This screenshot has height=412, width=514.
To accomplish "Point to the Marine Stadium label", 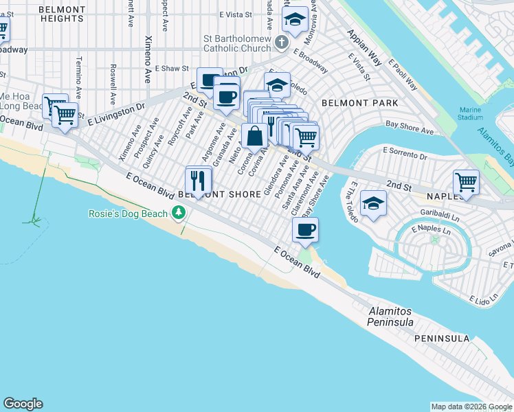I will [x=471, y=113].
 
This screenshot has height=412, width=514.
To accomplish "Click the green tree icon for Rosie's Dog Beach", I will [x=179, y=214].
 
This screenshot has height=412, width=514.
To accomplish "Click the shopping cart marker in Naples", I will [x=466, y=182].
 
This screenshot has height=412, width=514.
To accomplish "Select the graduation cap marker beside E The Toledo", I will [x=373, y=203].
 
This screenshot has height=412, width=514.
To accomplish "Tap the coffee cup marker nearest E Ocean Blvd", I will [x=306, y=230].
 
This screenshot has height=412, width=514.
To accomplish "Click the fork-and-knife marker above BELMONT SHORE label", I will [x=199, y=181].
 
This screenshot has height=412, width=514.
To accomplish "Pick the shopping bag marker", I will [x=254, y=135].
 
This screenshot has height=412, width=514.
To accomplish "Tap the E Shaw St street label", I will [x=172, y=69].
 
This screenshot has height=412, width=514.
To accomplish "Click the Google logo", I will [x=23, y=404].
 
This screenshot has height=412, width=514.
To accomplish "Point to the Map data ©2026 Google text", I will [x=471, y=407].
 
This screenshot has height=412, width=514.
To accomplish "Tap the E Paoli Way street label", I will [x=403, y=75].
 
